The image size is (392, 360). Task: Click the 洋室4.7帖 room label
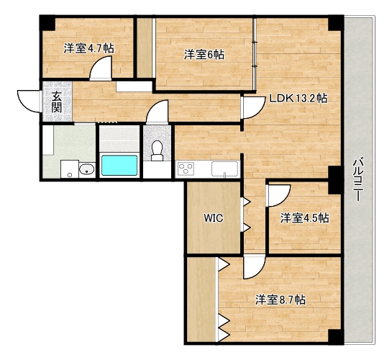click(89, 48)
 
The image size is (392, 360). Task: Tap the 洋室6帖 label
click(204, 55)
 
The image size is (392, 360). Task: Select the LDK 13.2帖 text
click(298, 98)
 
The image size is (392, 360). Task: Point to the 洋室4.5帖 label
click(304, 218)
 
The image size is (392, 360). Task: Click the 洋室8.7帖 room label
click(280, 300)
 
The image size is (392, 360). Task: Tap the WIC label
click(213, 218)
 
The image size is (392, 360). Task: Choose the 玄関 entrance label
click(57, 102)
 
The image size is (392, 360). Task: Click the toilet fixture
click(157, 150)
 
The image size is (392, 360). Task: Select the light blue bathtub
click(119, 165)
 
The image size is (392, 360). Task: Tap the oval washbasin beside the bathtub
click(86, 169)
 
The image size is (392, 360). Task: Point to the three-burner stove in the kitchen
click(186, 168)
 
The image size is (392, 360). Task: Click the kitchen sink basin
click(224, 169)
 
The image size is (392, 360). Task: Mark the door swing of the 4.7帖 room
click(101, 68)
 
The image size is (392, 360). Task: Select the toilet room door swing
click(158, 112)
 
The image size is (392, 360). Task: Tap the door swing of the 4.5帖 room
click(278, 196)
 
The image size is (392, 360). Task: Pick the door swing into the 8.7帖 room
click(254, 267)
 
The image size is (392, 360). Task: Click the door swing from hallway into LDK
click(253, 107)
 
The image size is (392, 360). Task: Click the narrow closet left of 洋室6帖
click(145, 48)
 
